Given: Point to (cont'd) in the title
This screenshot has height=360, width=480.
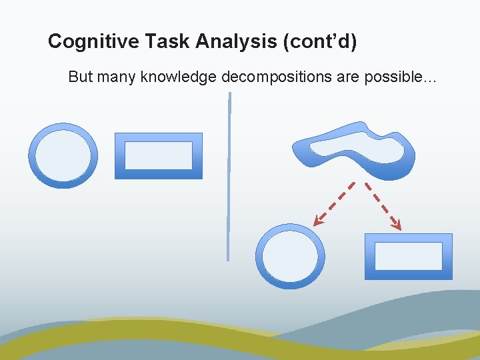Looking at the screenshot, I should tap(320, 42).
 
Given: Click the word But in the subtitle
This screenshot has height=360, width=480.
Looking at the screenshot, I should tap(80, 77).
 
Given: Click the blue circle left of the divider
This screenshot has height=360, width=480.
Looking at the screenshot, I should tap(63, 156).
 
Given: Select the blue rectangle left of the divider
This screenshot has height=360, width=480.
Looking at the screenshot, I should tap(159, 156).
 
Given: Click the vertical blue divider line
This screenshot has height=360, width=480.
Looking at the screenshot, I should tap(229, 177).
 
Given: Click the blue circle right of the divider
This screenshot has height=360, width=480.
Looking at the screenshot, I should tap(290, 256).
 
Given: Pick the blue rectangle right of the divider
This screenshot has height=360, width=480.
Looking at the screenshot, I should tap(409, 256).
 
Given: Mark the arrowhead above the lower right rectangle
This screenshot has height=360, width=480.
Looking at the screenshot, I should tap(397, 225).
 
